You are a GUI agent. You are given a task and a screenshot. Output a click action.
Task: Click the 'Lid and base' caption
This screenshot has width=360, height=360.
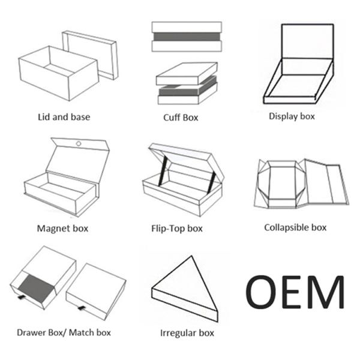coord(64,117)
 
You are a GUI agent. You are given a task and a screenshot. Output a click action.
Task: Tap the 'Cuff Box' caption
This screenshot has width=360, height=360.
coord(181,118)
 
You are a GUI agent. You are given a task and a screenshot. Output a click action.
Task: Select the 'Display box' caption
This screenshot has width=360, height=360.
coord(292,116)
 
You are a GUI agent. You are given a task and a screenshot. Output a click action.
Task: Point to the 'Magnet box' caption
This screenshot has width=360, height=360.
coord(62,229)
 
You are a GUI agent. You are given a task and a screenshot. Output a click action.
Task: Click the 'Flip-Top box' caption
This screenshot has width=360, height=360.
coord(177,229)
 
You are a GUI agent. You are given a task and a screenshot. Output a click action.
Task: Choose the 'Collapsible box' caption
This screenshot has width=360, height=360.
coord(295,227)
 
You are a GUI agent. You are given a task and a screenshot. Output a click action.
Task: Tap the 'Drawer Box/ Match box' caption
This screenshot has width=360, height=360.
coord(64,332)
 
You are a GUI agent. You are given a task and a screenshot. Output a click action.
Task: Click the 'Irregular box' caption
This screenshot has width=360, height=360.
coord(187,333)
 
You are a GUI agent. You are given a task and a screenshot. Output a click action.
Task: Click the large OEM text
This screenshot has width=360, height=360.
coord(295,292)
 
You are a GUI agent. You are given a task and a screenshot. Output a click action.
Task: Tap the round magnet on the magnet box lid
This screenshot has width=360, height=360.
coord(79,144)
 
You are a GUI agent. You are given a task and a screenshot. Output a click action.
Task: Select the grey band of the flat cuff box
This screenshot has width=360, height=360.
coord(187,37)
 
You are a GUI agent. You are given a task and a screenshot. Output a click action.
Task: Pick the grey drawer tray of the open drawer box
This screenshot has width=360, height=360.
coord(36,289)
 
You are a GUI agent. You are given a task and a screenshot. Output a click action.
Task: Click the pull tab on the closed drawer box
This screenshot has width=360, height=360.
coord(82,308)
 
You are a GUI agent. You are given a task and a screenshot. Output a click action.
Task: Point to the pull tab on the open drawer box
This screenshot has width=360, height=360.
coord(22,298)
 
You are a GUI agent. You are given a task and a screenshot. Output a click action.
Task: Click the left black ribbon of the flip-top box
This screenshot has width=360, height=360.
coord(162,171)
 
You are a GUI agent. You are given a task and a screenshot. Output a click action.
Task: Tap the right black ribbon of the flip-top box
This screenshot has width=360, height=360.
coord(211,182)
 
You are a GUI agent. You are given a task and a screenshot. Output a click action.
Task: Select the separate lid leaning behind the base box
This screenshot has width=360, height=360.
coord(90,55)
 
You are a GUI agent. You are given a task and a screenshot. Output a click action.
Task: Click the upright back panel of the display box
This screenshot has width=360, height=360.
coord(308,41)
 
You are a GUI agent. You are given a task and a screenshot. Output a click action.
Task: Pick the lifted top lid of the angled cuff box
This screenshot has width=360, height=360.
coord(187,73)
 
